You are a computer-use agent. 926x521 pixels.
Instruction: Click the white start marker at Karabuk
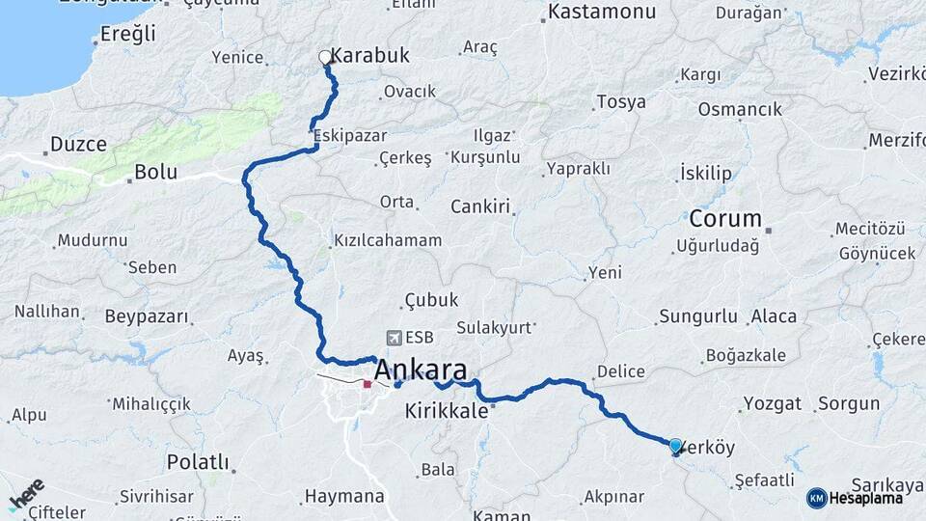pos(325,58)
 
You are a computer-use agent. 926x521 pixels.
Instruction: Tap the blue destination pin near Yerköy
pos(675,446)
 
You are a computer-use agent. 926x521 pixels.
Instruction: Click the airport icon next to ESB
pos(395,338)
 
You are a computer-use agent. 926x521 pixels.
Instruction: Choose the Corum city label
pos(725,218)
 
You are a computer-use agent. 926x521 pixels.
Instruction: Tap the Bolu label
pos(155,173)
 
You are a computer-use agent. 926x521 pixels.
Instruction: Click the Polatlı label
pos(198,461)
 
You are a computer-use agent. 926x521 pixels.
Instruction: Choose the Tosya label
pos(621,101)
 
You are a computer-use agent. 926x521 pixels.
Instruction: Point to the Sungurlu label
pos(698,316)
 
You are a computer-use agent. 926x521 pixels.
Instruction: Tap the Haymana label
pos(344,497)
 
